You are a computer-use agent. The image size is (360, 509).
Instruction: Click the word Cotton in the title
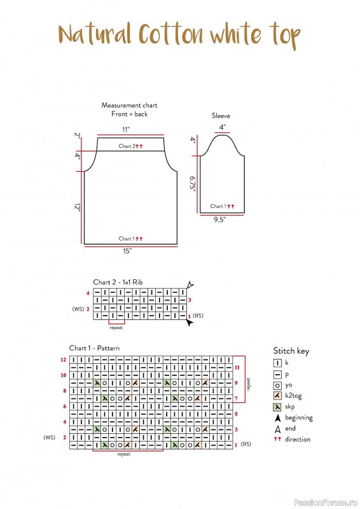(x=171, y=34)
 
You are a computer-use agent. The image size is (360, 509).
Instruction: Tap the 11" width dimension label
(x=126, y=130)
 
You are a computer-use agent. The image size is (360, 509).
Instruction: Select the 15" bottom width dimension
(x=127, y=251)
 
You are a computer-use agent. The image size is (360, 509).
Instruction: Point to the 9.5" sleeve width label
(x=219, y=220)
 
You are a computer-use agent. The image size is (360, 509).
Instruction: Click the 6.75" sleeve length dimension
(x=193, y=184)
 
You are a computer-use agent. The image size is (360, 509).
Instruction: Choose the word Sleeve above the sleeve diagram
(x=221, y=116)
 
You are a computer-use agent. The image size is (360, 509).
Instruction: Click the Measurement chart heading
(x=129, y=105)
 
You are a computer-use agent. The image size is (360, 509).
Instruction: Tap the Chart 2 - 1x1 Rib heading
(x=118, y=282)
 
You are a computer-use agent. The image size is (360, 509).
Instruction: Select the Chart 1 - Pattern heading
(x=95, y=348)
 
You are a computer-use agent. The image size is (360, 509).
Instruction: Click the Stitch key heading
(x=291, y=351)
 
